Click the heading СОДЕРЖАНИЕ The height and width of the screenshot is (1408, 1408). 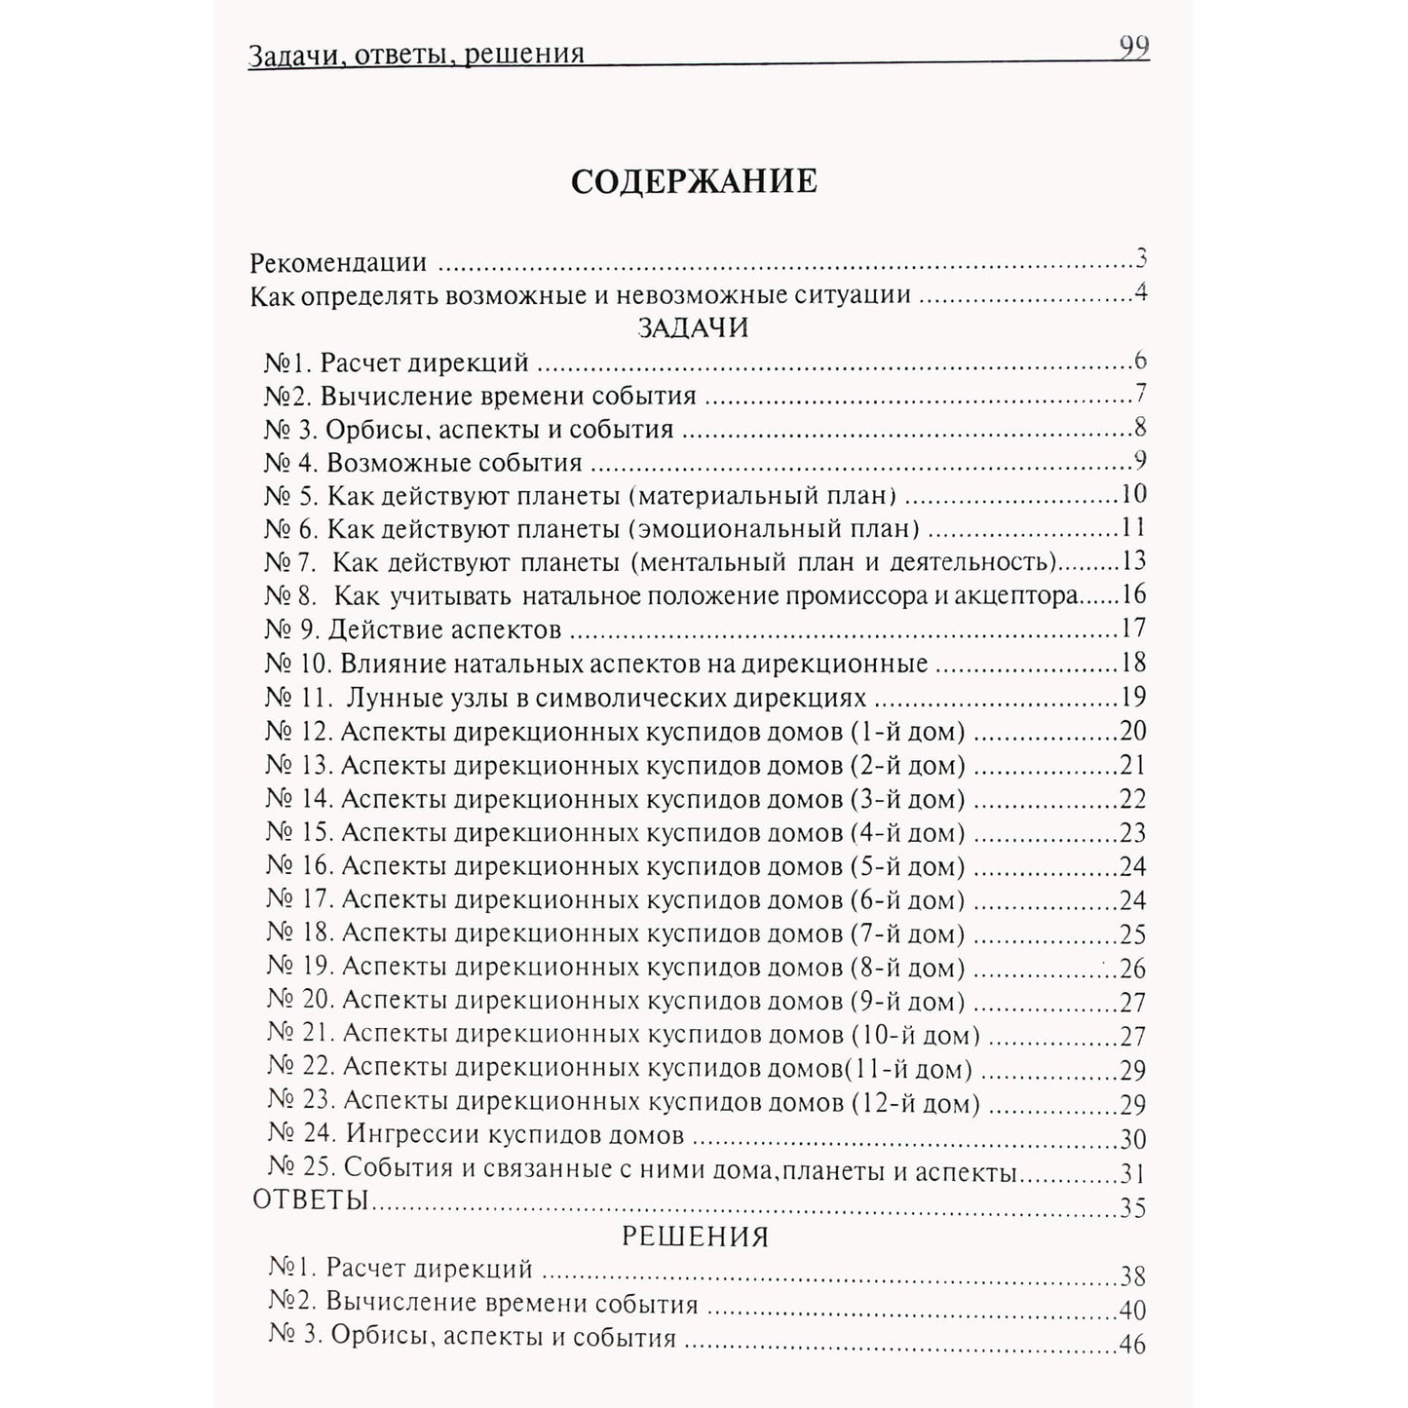693,182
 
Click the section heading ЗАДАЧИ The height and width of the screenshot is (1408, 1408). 693,327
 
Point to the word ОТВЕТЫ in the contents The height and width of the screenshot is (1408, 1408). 310,1199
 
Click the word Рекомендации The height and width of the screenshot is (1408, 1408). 338,263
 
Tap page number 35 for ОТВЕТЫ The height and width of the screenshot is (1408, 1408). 1133,1208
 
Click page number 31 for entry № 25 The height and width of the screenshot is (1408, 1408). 1133,1174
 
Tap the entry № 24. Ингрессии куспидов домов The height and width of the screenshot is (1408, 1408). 476,1136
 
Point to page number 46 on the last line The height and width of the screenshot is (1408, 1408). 1133,1346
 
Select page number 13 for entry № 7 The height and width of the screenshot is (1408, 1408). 1133,562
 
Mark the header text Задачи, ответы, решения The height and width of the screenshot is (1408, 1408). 417,54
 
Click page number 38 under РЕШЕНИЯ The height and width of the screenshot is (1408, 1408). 1133,1276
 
